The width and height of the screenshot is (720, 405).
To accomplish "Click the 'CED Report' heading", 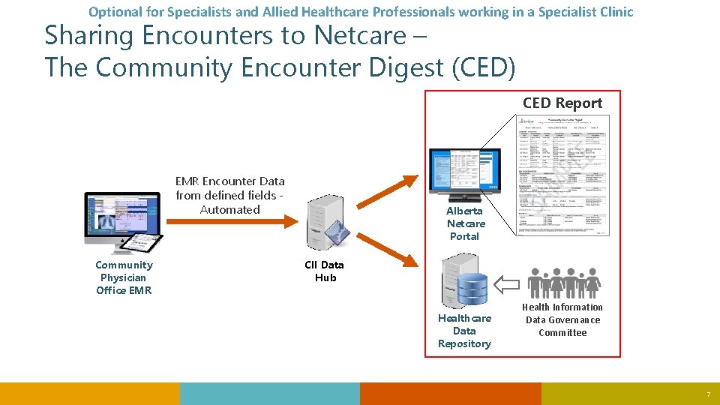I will click(562, 103).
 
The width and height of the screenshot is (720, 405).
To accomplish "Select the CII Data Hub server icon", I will click(325, 220).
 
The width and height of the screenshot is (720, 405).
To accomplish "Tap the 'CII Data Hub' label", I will click(325, 271).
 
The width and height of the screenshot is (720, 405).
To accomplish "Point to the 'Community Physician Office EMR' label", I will click(124, 277).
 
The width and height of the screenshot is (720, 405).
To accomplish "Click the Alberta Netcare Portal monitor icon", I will click(464, 172).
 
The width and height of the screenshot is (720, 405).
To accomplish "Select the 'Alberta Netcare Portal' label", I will click(465, 223).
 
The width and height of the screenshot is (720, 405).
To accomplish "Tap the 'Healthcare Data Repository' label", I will click(464, 331).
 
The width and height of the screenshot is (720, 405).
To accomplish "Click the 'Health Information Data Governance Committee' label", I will click(562, 319).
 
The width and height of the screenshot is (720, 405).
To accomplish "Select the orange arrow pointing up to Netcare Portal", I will click(385, 192).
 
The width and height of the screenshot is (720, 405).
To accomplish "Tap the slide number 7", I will click(707, 395).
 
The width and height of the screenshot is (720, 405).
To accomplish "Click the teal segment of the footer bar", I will click(270, 394).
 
